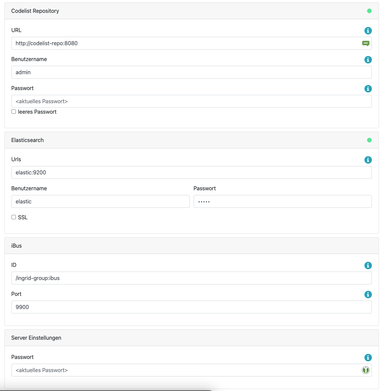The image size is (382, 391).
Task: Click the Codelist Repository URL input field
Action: (186, 43)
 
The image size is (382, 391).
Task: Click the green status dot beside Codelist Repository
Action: (369, 11)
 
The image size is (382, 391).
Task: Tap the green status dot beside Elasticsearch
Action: (369, 140)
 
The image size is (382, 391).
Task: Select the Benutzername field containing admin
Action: (191, 72)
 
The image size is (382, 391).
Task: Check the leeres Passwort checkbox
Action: (14, 112)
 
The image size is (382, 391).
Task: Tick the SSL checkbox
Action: (14, 217)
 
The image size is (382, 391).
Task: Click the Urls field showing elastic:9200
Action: (191, 172)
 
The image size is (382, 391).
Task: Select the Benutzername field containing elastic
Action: (100, 201)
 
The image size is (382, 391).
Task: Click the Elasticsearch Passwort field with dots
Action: (282, 201)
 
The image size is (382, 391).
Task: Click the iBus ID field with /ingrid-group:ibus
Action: (191, 278)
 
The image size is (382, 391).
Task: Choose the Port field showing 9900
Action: (191, 307)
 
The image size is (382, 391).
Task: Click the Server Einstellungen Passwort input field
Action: (186, 370)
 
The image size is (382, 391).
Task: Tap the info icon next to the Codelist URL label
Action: (368, 31)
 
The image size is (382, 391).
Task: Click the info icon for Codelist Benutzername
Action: (368, 60)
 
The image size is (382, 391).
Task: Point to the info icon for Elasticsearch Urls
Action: (368, 160)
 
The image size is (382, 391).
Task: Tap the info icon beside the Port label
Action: (368, 295)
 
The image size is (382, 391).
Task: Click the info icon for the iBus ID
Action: (368, 266)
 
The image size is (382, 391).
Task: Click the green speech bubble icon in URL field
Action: (365, 43)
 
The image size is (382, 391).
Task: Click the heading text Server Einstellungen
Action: (36, 338)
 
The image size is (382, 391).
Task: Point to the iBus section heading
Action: (17, 246)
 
